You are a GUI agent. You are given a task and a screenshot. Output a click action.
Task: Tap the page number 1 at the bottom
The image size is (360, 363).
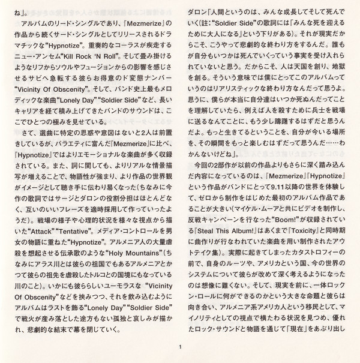(x=179, y=345)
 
